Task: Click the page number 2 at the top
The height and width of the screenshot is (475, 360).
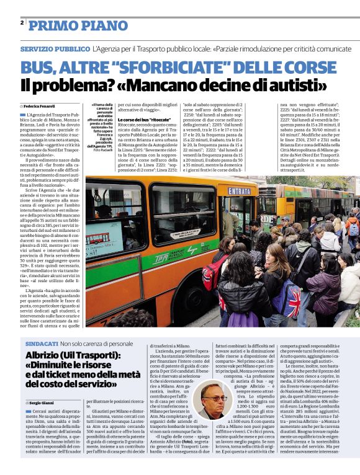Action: [x=22, y=23]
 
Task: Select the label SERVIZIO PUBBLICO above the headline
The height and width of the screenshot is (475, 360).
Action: [x=55, y=48]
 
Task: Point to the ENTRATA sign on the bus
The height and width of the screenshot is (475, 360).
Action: [x=239, y=191]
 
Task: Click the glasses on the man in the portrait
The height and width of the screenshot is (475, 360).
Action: [x=210, y=394]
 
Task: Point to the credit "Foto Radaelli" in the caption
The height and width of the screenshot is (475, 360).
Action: [x=104, y=149]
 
